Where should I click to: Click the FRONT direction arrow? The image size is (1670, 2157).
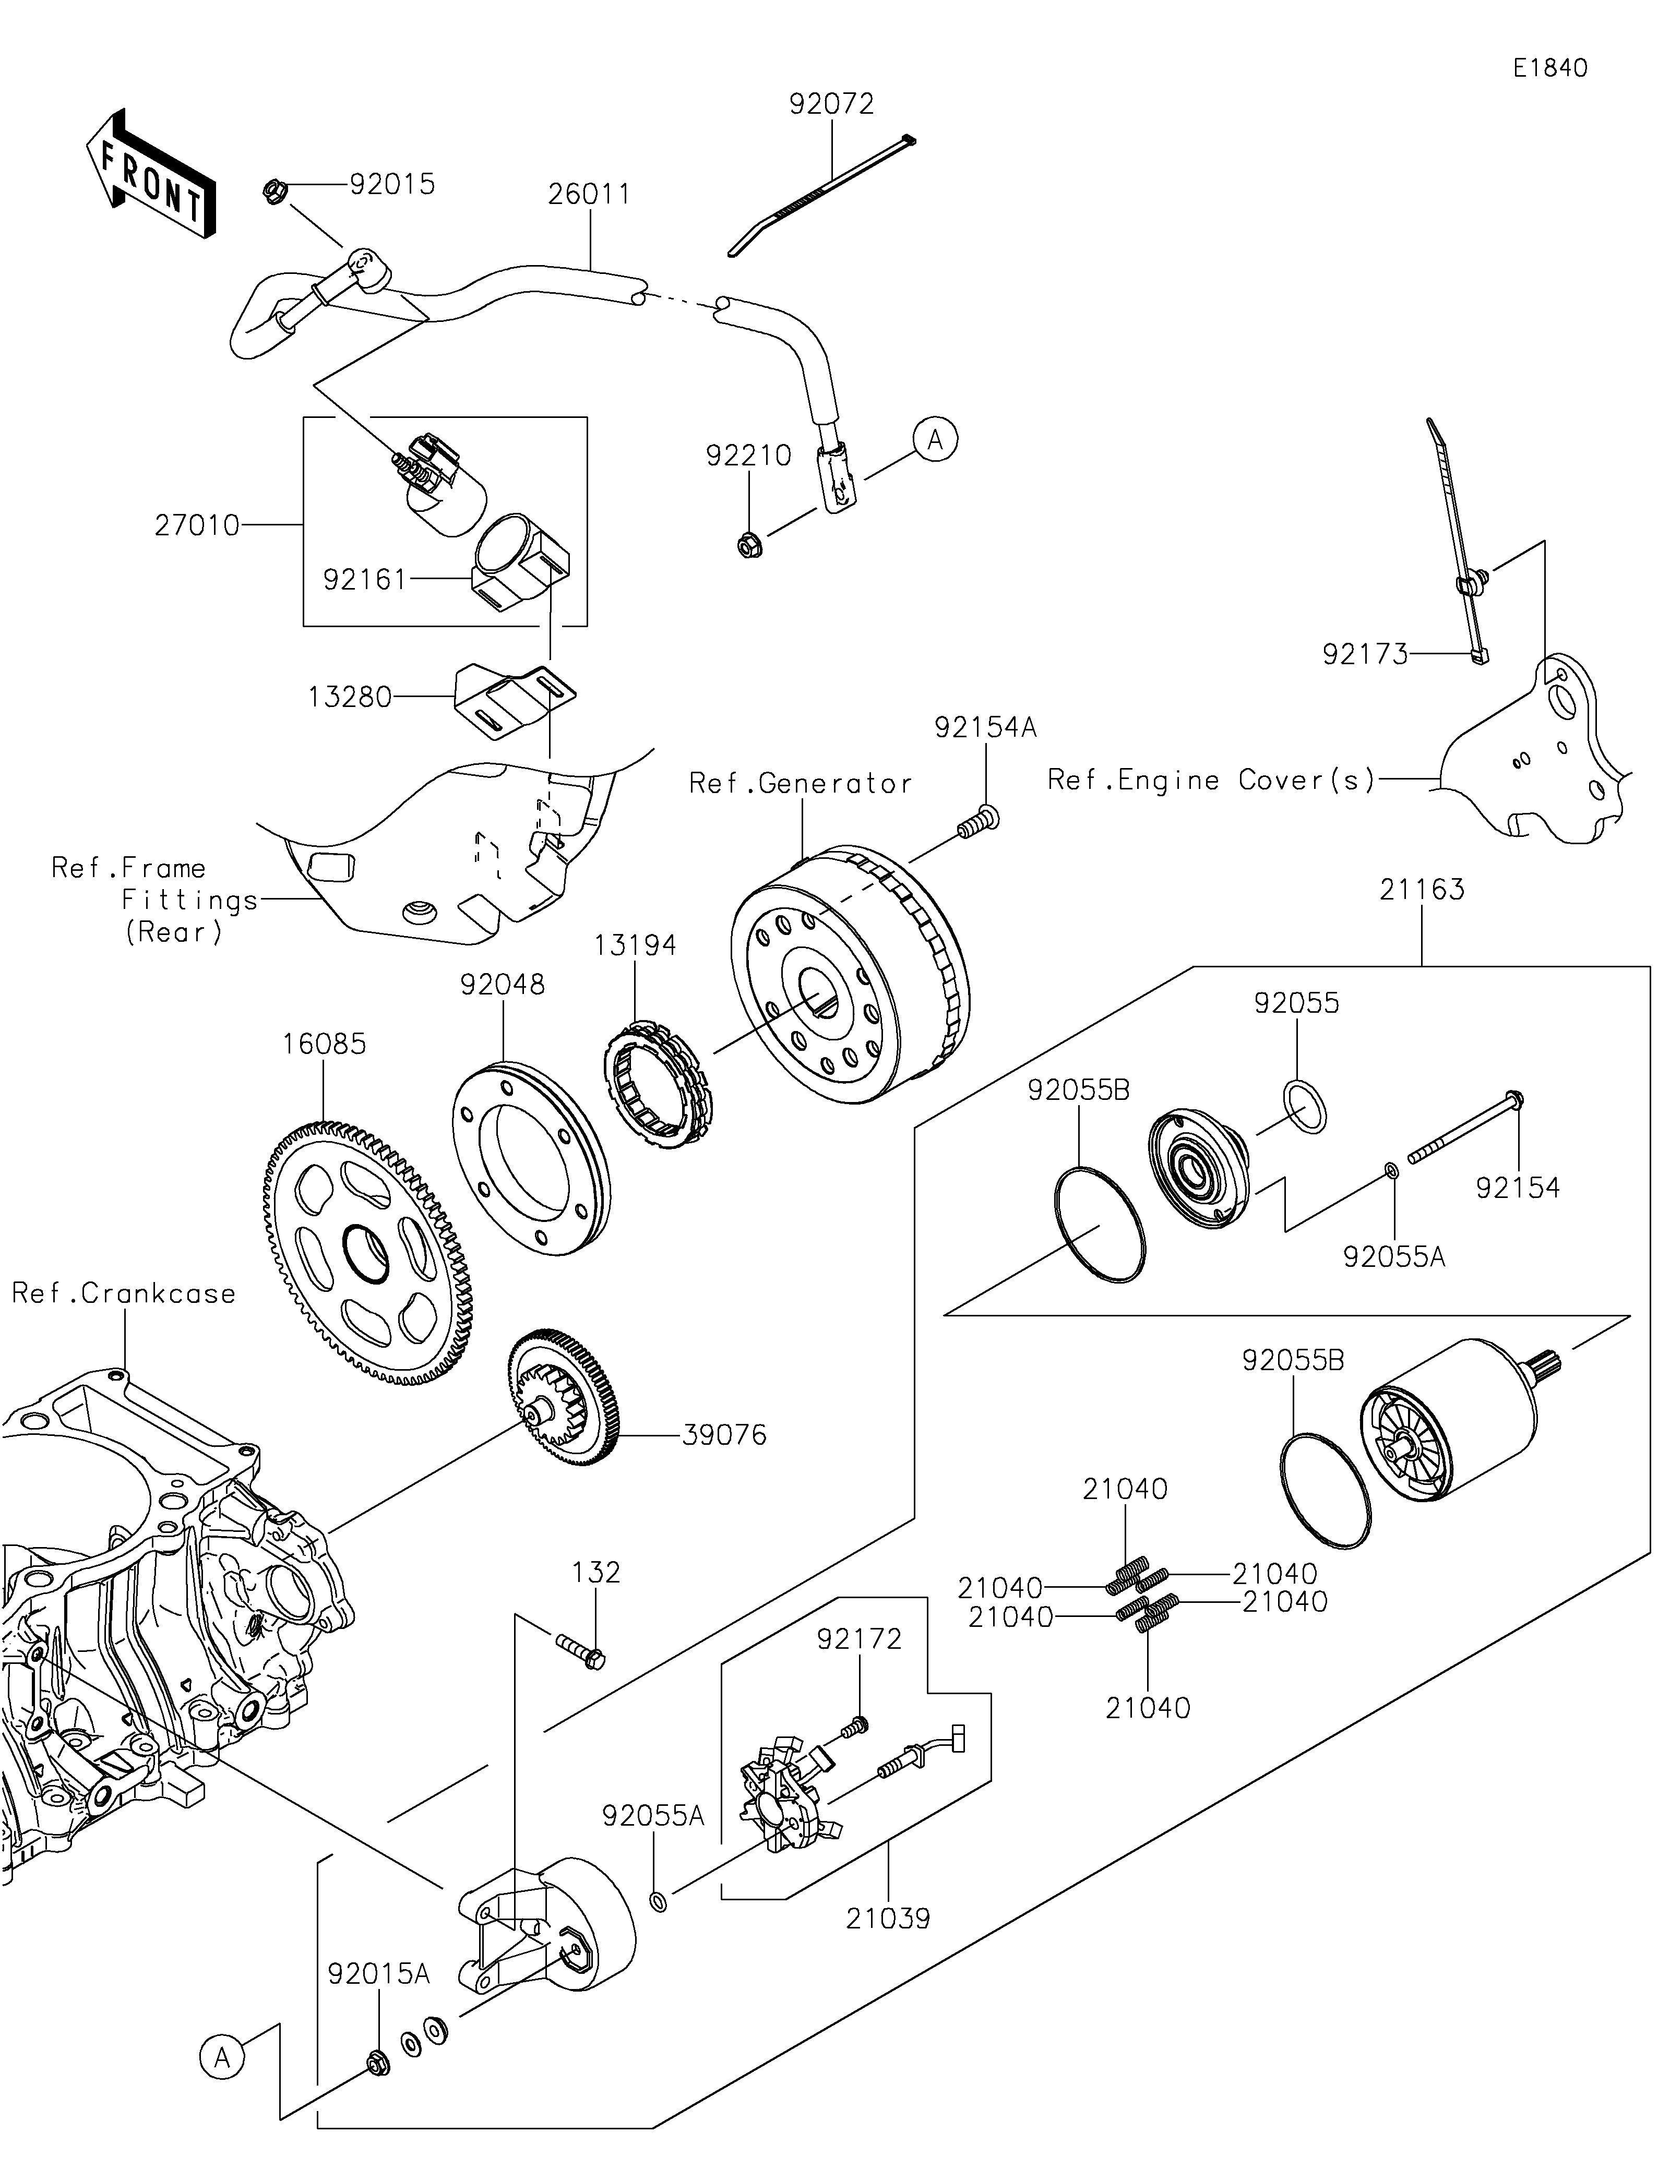[x=150, y=175]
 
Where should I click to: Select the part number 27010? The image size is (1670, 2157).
[x=197, y=525]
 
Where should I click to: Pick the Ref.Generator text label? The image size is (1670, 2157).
[x=800, y=783]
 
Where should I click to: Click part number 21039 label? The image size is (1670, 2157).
[x=887, y=1919]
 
